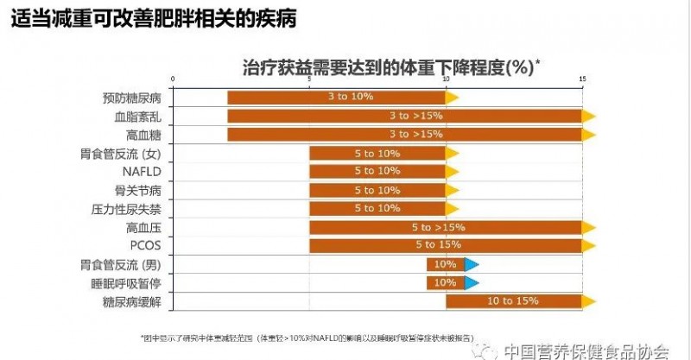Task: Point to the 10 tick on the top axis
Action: tap(446, 79)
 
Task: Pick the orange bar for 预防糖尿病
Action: tap(337, 97)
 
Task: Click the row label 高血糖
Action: tap(143, 135)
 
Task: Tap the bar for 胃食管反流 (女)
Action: tap(377, 153)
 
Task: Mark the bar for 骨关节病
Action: tap(377, 190)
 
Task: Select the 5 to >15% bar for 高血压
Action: tap(446, 227)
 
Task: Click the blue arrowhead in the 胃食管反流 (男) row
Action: tap(472, 264)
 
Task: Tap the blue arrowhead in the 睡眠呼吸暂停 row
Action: tap(472, 282)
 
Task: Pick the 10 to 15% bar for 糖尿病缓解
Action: tap(513, 301)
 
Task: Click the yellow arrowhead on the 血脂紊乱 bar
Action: tap(589, 116)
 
